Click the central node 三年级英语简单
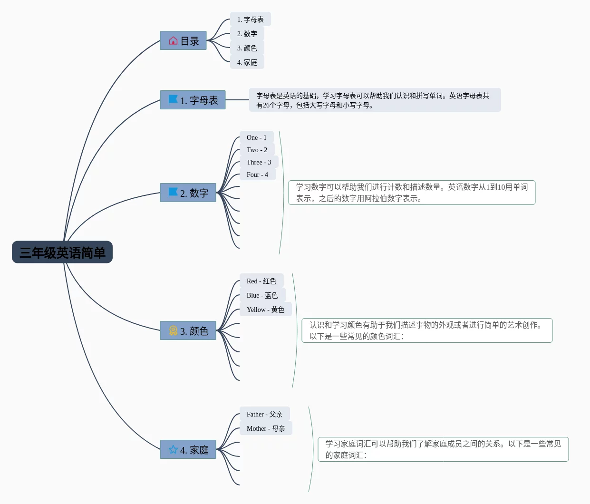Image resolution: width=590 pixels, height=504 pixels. (62, 252)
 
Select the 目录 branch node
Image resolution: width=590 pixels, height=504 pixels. (183, 40)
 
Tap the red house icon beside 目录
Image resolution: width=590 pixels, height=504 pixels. (173, 41)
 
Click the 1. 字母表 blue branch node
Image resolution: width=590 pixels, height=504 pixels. (193, 100)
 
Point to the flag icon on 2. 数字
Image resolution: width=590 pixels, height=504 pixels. (173, 193)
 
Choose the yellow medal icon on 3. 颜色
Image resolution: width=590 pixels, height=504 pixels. (173, 330)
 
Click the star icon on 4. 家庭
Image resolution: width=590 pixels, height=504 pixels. (173, 449)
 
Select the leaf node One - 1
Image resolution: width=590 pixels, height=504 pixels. (257, 137)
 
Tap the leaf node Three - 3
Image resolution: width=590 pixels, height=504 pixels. (259, 162)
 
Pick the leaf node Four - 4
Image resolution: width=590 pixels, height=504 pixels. (258, 174)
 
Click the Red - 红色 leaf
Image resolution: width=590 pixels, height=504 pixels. (261, 281)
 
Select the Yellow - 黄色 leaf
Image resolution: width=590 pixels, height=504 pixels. (265, 310)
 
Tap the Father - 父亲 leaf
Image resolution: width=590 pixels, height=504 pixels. (265, 414)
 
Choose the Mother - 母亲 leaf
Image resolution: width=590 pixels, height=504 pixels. (266, 428)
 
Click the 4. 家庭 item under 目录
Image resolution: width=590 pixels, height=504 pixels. (247, 62)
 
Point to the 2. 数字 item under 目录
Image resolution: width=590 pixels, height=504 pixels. (247, 34)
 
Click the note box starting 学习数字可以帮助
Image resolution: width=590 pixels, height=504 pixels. (412, 193)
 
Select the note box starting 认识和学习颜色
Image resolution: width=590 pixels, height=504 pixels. (427, 330)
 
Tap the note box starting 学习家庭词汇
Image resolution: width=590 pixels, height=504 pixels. (443, 449)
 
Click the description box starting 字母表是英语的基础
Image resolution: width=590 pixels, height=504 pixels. (375, 100)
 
